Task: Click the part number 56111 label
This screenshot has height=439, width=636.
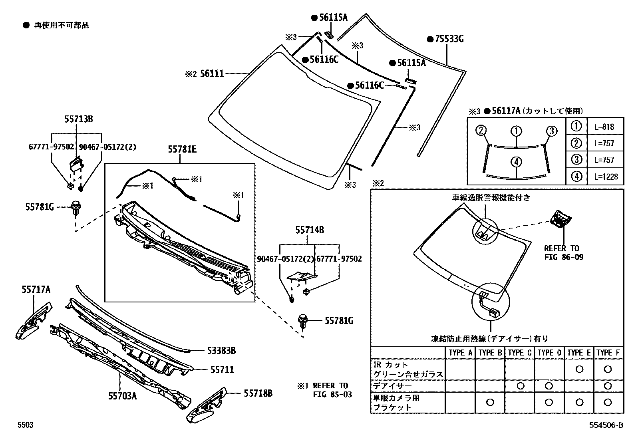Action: [212, 73]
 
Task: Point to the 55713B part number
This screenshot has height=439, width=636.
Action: [79, 119]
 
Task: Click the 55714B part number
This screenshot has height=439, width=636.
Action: [310, 230]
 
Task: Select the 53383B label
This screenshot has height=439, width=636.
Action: [221, 351]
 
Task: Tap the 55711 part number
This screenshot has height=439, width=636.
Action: [222, 370]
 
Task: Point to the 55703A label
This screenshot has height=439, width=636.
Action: [122, 396]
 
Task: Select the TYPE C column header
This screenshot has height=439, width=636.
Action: [519, 353]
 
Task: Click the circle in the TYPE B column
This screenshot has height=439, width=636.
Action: [490, 402]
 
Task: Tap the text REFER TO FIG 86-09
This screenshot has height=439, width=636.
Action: [563, 253]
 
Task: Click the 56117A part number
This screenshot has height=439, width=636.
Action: [506, 111]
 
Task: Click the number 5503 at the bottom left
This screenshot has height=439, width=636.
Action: [25, 425]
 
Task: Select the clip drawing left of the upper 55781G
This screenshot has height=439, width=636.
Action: [76, 208]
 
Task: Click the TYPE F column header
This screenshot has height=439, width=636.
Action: [608, 353]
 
